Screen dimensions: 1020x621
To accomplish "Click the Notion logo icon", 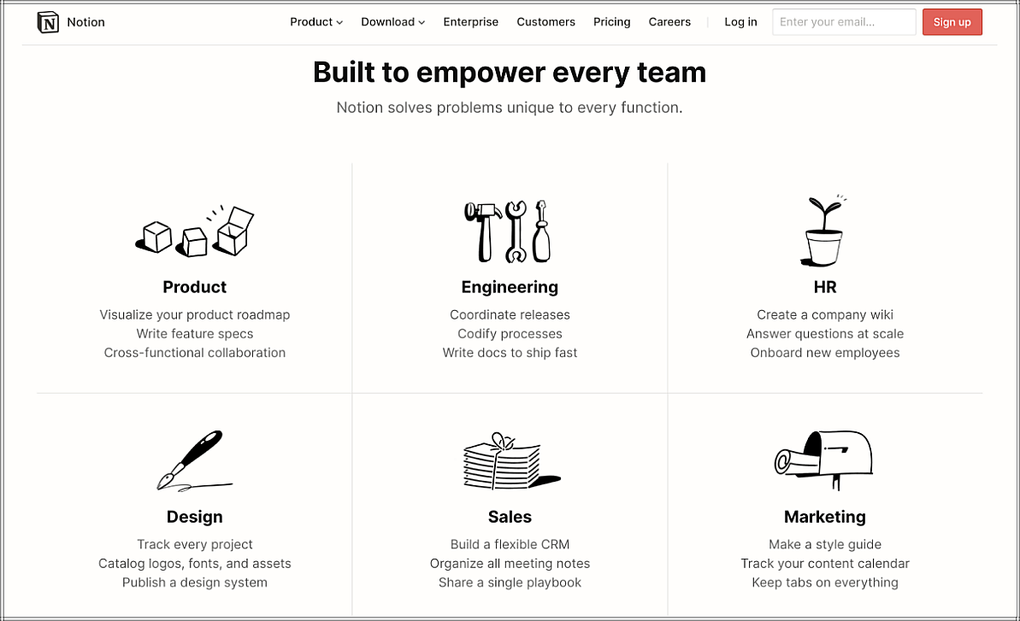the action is pos(48,22).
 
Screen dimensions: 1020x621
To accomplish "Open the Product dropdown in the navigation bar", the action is pos(316,22).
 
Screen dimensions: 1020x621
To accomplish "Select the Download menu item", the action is pos(393,22).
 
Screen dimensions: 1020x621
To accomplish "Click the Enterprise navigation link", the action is pos(471,22).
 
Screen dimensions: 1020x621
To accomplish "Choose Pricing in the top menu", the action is pos(611,22).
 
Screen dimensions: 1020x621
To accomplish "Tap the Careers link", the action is pos(669,22).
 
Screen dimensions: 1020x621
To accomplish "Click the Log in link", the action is pos(741,22).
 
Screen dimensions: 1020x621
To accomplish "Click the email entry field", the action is pos(844,22).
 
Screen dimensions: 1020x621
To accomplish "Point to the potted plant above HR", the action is pos(822,231).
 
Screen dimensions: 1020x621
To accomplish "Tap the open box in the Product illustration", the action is pos(233,231).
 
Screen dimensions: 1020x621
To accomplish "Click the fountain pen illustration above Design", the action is pos(194,460).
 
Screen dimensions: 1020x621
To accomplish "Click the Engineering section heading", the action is pos(510,287).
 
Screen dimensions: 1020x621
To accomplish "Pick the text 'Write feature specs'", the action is pos(194,334).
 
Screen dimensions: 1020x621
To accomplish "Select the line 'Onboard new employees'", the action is pos(825,353).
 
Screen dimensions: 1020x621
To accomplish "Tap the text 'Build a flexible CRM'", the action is pos(510,544).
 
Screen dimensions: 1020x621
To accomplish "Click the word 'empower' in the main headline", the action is pos(481,73).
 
